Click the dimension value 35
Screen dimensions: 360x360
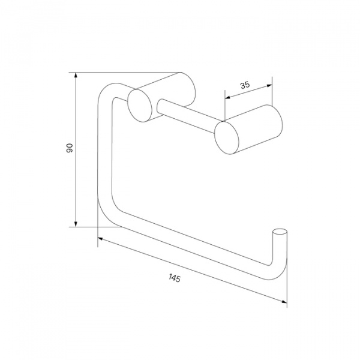(245, 85)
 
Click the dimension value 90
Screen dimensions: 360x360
(70, 148)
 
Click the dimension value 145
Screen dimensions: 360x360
(175, 278)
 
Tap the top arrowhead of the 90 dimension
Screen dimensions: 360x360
(76, 76)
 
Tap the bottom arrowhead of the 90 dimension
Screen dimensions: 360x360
(76, 224)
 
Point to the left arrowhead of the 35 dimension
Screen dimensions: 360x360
(227, 97)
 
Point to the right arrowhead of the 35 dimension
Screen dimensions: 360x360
(269, 86)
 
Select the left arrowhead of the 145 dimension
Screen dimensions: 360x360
(101, 239)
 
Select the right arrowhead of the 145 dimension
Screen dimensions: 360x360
(284, 301)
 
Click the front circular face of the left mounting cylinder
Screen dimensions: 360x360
(140, 106)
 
